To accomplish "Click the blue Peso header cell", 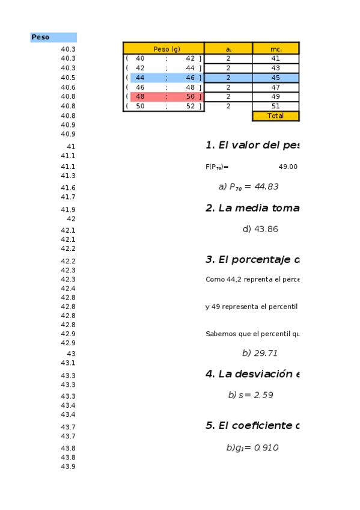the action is tap(53, 37).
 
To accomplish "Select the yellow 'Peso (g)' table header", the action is tap(163, 49).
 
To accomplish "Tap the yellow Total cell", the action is tap(275, 116).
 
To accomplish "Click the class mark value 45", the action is tap(275, 78).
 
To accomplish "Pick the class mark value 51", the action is tap(275, 106).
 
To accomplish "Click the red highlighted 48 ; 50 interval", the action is tap(166, 97).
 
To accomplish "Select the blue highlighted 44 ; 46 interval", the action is tap(166, 78).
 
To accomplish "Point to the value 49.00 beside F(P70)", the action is tap(288, 167).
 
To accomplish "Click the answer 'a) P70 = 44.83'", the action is tap(248, 187).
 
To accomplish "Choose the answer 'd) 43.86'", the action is tap(260, 229).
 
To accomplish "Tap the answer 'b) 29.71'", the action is tap(260, 354).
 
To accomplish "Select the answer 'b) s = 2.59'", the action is tap(251, 395).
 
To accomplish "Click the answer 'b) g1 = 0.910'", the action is tap(252, 448).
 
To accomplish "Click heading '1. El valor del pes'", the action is tap(252, 146).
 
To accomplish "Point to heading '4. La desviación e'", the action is tap(252, 374).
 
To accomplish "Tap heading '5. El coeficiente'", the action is tap(252, 426).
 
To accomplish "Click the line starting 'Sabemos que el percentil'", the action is tap(252, 334).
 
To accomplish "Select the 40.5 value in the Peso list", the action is tap(68, 78).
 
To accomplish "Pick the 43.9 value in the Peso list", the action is tap(68, 467).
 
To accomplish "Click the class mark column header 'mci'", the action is tap(275, 49).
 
